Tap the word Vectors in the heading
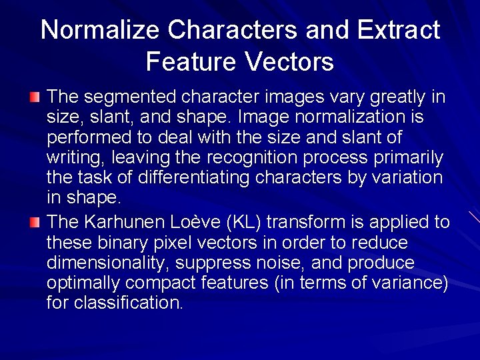pyautogui.click(x=290, y=62)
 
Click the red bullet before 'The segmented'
pyautogui.click(x=35, y=98)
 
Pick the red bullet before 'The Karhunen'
pyautogui.click(x=35, y=222)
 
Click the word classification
pyautogui.click(x=127, y=303)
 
